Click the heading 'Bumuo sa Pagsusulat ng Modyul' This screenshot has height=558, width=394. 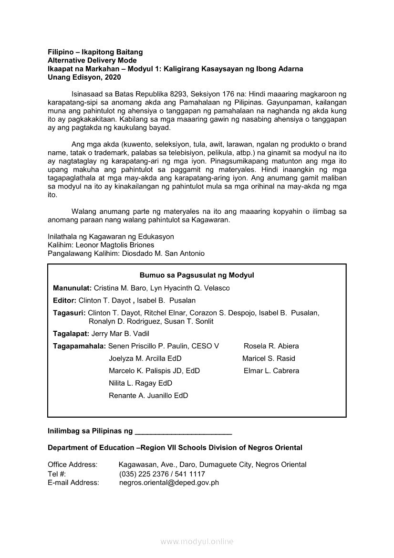tap(197, 275)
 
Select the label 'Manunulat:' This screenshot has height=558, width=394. tap(72, 288)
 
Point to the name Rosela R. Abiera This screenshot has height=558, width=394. tap(271, 346)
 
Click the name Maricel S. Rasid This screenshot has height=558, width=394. tap(269, 358)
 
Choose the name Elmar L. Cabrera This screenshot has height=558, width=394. tap(271, 371)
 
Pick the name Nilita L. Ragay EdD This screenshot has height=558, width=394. tap(140, 383)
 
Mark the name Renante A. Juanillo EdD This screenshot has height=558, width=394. tap(148, 396)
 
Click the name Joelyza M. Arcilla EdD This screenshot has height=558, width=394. tap(145, 358)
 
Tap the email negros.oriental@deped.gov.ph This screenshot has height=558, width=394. tap(169, 483)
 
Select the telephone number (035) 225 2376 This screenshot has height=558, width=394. tap(143, 474)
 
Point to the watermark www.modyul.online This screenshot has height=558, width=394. tap(197, 542)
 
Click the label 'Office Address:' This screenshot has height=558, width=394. tap(73, 464)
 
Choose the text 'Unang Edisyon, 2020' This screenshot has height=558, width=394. tap(84, 77)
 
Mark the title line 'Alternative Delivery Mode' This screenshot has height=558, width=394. tap(92, 60)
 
